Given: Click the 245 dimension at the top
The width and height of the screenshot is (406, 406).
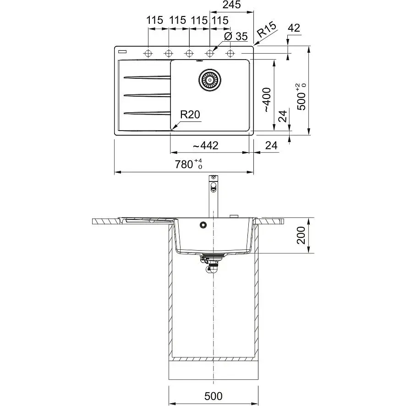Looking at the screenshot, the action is pos(231,5).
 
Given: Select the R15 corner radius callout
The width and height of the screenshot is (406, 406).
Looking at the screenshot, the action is pos(267,29).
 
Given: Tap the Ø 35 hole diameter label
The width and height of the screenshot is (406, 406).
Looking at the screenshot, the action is pos(236,36).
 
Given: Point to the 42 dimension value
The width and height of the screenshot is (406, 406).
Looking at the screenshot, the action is pos(294,28).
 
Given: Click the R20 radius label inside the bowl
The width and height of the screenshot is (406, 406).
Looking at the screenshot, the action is pos(190,115).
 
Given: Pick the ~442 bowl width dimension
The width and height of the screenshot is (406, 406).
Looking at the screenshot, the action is pos(206,146).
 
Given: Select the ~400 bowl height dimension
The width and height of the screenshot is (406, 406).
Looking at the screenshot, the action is pos(267,100).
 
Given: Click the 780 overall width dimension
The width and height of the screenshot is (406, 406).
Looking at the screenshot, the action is pos(188,164).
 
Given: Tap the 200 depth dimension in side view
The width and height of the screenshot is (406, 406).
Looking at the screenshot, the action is pos(301,235).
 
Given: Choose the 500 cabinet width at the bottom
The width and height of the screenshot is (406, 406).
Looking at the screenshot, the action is pos(214,396).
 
